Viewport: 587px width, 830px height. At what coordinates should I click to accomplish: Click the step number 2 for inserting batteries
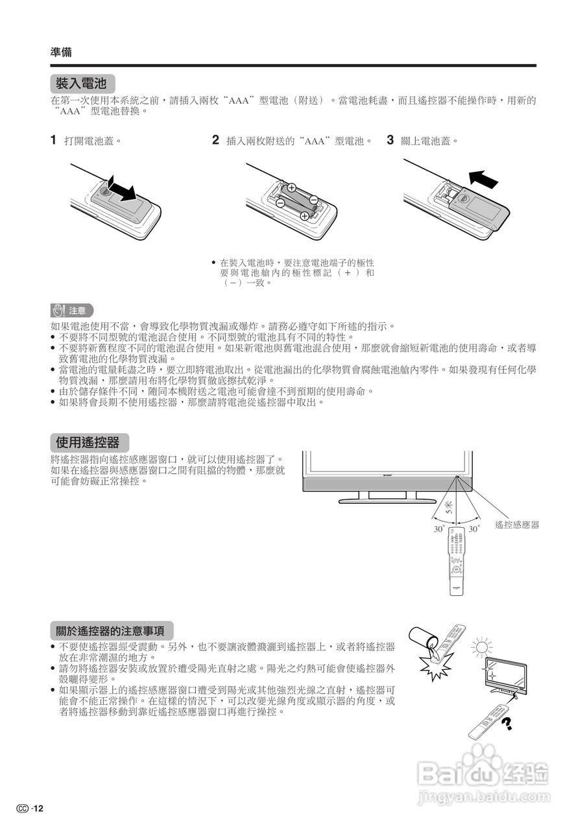(215, 139)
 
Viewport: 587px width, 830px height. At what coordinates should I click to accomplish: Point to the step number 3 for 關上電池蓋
(390, 139)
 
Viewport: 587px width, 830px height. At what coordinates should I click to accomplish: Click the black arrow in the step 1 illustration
(122, 187)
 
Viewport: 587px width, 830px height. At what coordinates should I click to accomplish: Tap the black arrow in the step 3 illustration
(483, 177)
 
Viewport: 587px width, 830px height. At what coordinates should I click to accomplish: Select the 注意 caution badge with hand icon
(72, 310)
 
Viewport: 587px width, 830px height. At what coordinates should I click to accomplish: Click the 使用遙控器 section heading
(88, 443)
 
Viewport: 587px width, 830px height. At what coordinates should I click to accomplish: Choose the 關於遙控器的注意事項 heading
(112, 630)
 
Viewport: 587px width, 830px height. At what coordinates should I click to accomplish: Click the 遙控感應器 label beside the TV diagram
(517, 525)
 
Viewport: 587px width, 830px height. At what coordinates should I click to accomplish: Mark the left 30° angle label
(438, 529)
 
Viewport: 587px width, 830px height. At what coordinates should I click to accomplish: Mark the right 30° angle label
(474, 529)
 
